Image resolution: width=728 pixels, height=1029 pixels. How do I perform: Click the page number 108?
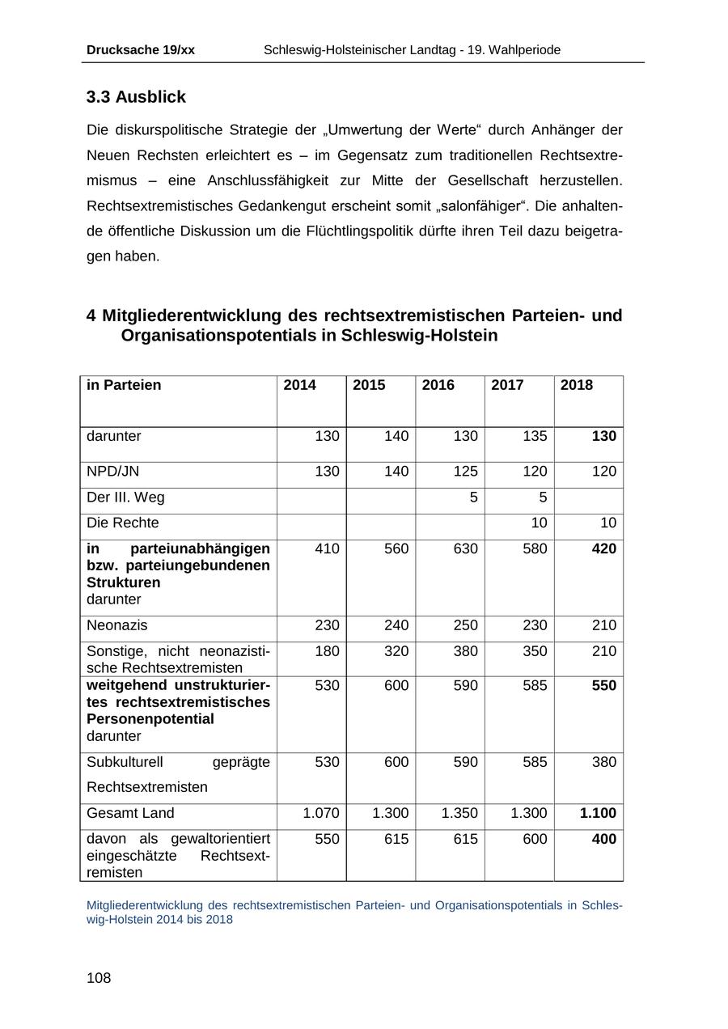99,978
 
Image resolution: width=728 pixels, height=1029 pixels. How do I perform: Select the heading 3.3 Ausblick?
136,97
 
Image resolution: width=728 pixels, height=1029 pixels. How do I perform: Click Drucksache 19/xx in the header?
141,50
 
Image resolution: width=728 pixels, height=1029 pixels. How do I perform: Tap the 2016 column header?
438,385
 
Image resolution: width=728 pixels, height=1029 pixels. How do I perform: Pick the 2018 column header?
577,385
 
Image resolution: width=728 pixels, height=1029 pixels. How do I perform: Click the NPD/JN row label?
113,471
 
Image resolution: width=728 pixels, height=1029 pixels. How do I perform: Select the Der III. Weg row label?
125,497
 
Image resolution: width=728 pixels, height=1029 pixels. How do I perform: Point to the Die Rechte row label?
123,523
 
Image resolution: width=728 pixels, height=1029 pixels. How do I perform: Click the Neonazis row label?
117,625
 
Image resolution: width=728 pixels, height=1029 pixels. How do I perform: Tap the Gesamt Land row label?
130,813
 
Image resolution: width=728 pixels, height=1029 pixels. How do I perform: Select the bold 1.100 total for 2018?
598,813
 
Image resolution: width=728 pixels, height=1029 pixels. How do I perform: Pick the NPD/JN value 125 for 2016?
465,471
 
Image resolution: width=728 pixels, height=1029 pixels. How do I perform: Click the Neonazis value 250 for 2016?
465,625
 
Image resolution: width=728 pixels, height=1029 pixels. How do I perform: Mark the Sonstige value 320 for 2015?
396,651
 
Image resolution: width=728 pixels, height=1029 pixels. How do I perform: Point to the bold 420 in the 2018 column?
603,548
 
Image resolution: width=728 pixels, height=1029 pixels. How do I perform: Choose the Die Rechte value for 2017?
539,523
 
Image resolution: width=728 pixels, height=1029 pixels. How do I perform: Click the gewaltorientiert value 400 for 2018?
603,839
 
